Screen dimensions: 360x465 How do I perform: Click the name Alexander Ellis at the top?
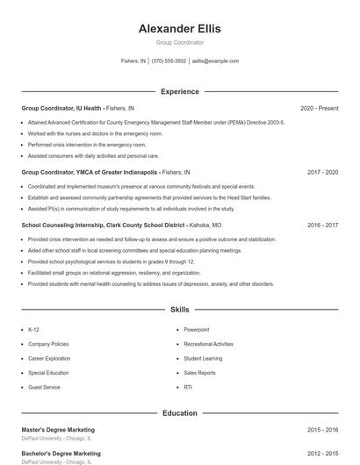180,28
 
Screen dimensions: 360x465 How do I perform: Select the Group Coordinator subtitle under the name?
180,42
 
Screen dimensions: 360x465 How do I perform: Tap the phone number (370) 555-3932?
169,61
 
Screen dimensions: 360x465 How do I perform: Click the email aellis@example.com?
215,61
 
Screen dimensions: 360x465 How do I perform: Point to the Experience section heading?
180,91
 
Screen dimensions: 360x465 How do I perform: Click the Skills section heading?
180,310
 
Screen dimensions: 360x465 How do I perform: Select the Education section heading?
180,412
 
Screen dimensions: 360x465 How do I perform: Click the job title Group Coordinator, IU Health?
62,108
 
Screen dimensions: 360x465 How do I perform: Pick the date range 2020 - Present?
319,108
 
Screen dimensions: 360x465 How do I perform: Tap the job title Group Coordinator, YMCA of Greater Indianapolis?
90,172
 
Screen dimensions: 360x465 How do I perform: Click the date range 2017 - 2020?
322,172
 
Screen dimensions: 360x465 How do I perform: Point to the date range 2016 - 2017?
322,225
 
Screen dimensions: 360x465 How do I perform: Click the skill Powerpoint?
197,330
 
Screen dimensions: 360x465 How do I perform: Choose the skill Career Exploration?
49,358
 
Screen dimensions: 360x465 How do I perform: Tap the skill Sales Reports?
199,373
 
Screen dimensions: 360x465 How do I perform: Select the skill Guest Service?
44,387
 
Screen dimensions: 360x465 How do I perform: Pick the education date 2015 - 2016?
322,430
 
